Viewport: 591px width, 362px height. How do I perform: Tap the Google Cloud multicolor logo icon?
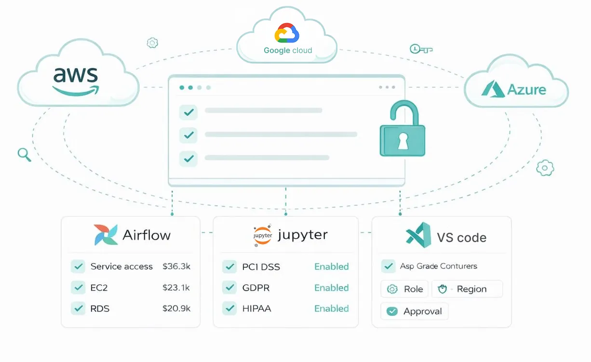pos(287,34)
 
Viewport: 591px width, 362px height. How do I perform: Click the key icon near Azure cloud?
pos(420,49)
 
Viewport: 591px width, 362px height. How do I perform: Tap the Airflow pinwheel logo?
pos(106,235)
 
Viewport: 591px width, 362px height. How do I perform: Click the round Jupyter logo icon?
pos(263,236)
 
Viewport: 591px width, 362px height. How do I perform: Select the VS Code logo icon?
pos(418,236)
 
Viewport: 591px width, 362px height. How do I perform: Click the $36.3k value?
pos(176,267)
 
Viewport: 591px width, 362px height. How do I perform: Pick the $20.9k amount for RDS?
pos(176,308)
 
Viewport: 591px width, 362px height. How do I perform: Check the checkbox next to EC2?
pos(78,288)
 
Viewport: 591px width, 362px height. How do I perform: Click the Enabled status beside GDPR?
pos(331,288)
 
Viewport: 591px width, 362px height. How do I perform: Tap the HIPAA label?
pos(256,308)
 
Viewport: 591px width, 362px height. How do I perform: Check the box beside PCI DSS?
pos(229,267)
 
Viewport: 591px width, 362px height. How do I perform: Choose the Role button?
pos(405,289)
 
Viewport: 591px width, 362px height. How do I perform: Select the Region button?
pos(467,289)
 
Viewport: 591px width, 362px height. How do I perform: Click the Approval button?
pos(415,311)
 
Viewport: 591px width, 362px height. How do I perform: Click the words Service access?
pos(121,267)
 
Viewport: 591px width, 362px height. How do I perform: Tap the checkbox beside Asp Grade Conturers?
pos(389,266)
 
